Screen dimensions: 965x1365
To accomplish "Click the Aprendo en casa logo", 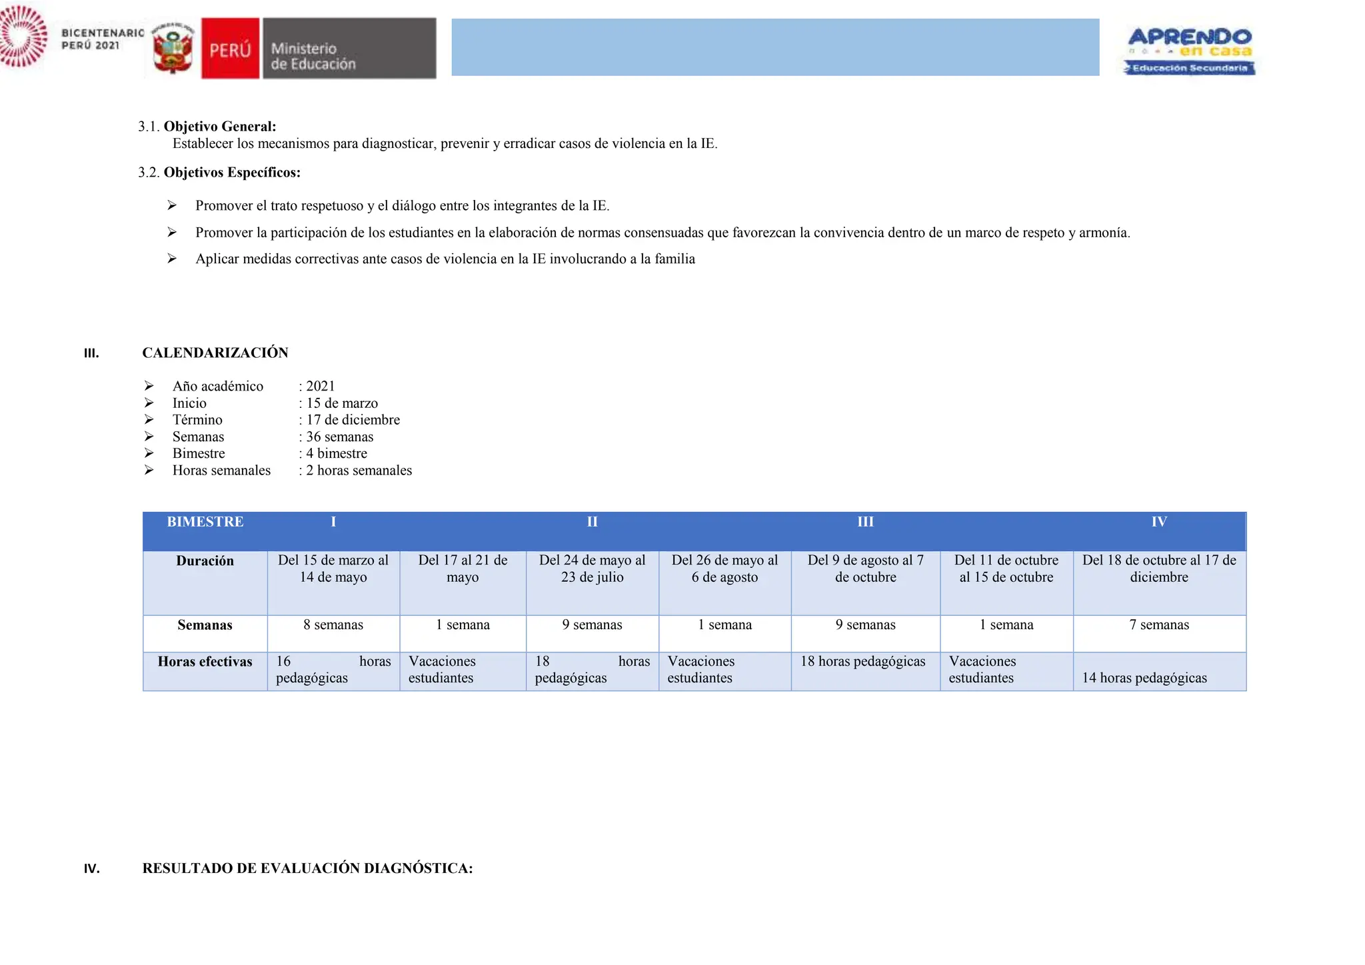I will click(x=1190, y=50).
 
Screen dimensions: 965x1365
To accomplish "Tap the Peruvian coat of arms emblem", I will click(x=173, y=49).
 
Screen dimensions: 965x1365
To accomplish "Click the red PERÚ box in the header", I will click(x=230, y=49).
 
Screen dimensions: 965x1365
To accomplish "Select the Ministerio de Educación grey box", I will click(x=349, y=49).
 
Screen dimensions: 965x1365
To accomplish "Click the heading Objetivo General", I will click(x=219, y=127).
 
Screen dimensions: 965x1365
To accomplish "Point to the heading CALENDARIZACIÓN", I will click(x=215, y=353).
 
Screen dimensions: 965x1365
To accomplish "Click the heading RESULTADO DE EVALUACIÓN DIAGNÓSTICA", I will click(x=307, y=868).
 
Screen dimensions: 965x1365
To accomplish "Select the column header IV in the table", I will click(x=1158, y=522).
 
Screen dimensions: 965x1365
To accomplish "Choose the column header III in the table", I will click(x=865, y=522).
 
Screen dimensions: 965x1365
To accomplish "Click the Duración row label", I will click(x=205, y=561).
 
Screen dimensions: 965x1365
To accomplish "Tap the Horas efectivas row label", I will click(x=205, y=662).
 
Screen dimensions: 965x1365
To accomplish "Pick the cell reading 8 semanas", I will click(x=333, y=625).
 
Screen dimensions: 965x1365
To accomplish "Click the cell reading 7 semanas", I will click(x=1159, y=625).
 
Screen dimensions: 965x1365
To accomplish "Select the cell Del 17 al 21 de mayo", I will click(x=463, y=568).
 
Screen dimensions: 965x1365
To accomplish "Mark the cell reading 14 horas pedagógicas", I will click(x=1144, y=678).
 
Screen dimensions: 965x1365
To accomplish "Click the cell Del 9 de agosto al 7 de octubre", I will click(x=865, y=568).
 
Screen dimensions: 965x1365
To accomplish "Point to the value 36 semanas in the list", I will click(x=339, y=437).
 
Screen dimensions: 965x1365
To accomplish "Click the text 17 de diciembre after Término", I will click(x=353, y=420).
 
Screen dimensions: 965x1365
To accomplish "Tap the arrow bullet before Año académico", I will click(x=149, y=386).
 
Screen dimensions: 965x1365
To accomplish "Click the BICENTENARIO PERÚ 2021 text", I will click(x=102, y=39).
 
